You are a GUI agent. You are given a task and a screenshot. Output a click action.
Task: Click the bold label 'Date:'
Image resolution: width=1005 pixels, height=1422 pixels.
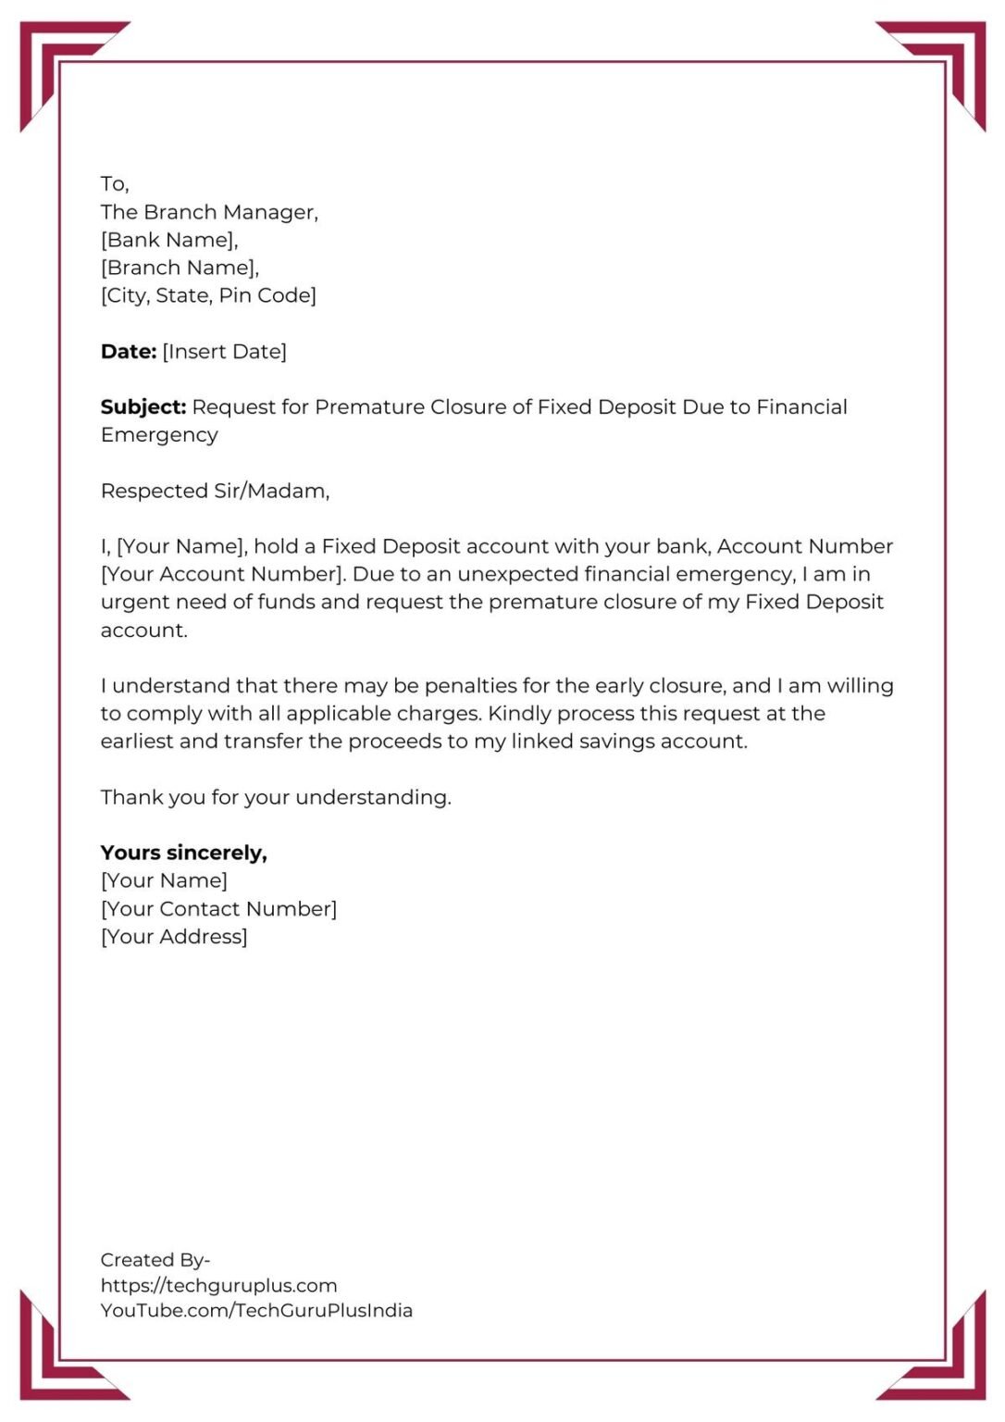129,352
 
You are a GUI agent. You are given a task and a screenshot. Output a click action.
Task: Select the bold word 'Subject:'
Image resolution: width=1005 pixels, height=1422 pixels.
143,407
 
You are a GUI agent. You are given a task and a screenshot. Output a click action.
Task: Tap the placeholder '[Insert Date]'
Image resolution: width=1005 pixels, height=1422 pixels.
225,352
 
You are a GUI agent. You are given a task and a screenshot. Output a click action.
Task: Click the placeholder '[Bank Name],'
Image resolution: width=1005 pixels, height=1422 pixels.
169,240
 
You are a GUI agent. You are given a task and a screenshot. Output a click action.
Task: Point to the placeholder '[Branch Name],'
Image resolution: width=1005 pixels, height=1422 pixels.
180,268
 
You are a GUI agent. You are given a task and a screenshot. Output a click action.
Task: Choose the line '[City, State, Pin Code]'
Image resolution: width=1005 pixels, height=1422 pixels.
208,295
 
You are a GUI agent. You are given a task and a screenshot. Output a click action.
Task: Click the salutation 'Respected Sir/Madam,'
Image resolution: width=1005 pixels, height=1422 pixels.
215,491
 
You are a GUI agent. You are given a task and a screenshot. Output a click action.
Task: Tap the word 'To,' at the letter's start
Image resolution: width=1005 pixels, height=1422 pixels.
115,183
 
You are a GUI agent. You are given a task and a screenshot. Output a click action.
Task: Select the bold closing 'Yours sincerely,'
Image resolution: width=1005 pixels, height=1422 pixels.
183,853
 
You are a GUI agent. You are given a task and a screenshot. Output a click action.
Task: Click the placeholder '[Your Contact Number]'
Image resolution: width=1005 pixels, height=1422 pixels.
218,909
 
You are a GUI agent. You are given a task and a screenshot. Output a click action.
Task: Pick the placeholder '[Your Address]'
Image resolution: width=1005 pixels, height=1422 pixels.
174,937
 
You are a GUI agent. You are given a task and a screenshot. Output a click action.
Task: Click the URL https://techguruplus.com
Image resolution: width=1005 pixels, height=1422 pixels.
218,1285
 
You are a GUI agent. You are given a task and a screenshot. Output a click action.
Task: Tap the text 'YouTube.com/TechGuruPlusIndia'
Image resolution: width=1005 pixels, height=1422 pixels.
256,1310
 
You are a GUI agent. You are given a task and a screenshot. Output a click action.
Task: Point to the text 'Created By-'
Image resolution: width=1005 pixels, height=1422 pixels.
155,1260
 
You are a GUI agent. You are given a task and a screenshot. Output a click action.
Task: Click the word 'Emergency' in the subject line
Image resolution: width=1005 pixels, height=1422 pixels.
159,435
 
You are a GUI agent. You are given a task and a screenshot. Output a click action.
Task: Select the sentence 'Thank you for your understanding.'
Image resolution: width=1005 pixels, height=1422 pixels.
276,797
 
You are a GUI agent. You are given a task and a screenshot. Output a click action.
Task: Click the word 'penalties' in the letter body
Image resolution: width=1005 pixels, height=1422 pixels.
468,686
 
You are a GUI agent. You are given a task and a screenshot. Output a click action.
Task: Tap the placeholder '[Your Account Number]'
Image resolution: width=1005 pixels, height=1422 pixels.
223,574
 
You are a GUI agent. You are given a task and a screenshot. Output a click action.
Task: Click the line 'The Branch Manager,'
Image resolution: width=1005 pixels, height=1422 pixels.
209,212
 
